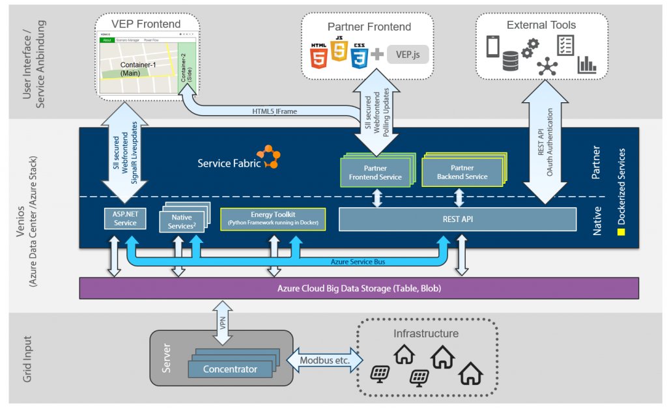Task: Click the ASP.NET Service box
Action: (x=125, y=219)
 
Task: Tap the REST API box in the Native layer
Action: (x=457, y=219)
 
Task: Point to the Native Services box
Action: (x=182, y=220)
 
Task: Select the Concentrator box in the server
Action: (x=230, y=369)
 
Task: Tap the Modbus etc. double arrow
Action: (x=322, y=360)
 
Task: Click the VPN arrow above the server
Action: (x=221, y=316)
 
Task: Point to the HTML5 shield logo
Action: (x=319, y=55)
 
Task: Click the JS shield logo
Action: (x=339, y=51)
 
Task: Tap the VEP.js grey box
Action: (x=408, y=54)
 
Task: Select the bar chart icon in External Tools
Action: (x=587, y=64)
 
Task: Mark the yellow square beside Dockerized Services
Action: (x=621, y=231)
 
